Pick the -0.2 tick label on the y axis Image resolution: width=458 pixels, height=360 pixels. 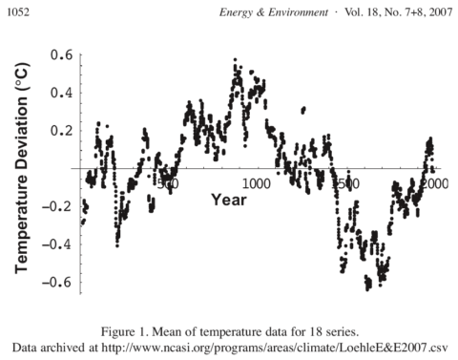pyautogui.click(x=59, y=206)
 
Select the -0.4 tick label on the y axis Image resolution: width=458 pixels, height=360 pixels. pyautogui.click(x=59, y=244)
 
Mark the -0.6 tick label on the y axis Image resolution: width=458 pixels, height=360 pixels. pyautogui.click(x=59, y=282)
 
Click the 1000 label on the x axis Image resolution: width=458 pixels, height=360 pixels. pyautogui.click(x=255, y=182)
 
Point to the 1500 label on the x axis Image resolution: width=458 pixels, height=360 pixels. pyautogui.click(x=347, y=182)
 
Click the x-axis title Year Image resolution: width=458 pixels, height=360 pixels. pyautogui.click(x=229, y=201)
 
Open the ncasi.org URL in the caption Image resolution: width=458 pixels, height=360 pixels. pyautogui.click(x=296, y=344)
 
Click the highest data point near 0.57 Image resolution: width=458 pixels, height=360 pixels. pyautogui.click(x=235, y=59)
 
